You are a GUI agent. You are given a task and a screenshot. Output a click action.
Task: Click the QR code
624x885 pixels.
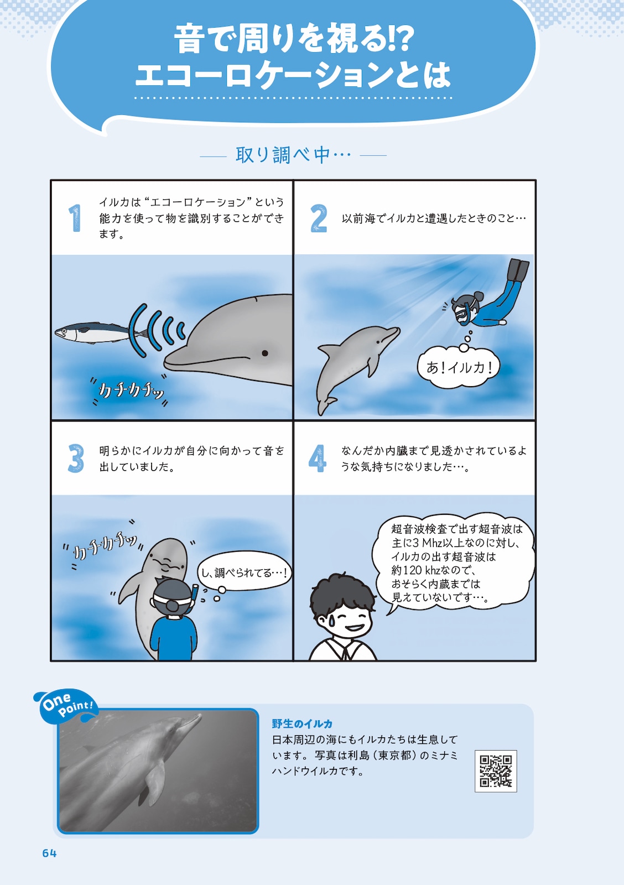496,771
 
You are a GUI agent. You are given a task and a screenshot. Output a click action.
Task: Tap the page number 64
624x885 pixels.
49,853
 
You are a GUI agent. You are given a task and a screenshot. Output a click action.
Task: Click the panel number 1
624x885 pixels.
75,218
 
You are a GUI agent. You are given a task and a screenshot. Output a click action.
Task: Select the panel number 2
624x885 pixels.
318,218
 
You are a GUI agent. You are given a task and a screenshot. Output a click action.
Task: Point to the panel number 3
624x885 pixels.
76,459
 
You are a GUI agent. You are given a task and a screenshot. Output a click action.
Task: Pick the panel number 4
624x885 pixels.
318,459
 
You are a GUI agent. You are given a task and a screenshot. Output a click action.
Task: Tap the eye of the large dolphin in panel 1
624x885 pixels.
265,353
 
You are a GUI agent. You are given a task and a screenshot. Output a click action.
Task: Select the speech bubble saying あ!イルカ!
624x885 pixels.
459,367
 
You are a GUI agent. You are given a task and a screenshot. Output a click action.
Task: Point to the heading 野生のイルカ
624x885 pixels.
302,723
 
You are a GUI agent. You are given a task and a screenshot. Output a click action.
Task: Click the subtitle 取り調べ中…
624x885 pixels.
293,155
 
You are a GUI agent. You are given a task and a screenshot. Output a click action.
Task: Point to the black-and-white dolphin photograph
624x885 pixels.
158,771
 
